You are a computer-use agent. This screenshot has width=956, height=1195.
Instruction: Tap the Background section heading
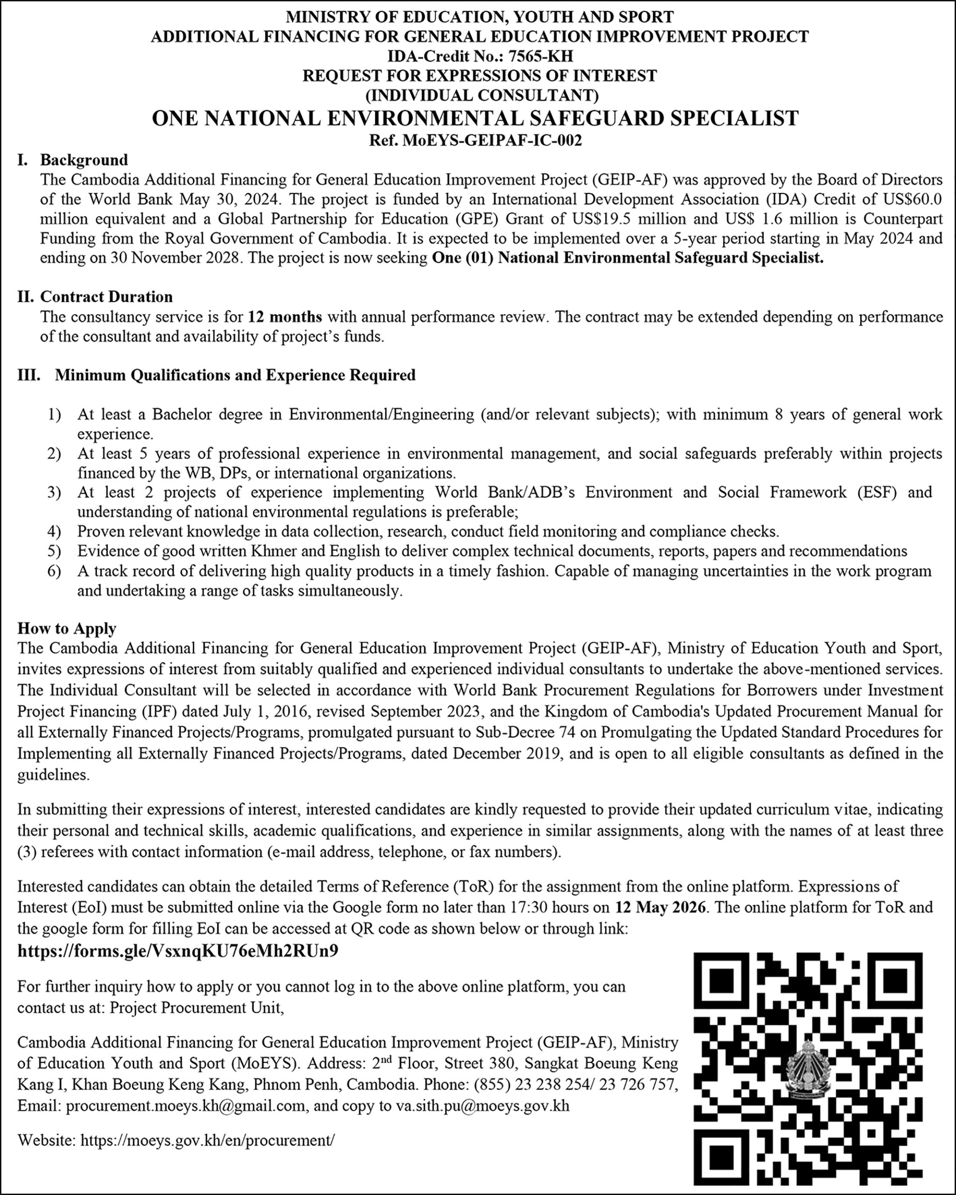coord(84,160)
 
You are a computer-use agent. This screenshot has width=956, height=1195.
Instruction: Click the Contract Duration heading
coord(106,296)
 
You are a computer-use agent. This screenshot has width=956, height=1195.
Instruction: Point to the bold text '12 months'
coord(285,317)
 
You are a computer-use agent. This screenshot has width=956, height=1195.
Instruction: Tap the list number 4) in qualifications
coord(54,532)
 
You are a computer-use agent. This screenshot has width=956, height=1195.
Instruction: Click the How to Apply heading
coord(67,628)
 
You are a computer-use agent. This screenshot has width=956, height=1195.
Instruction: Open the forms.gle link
coord(178,951)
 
